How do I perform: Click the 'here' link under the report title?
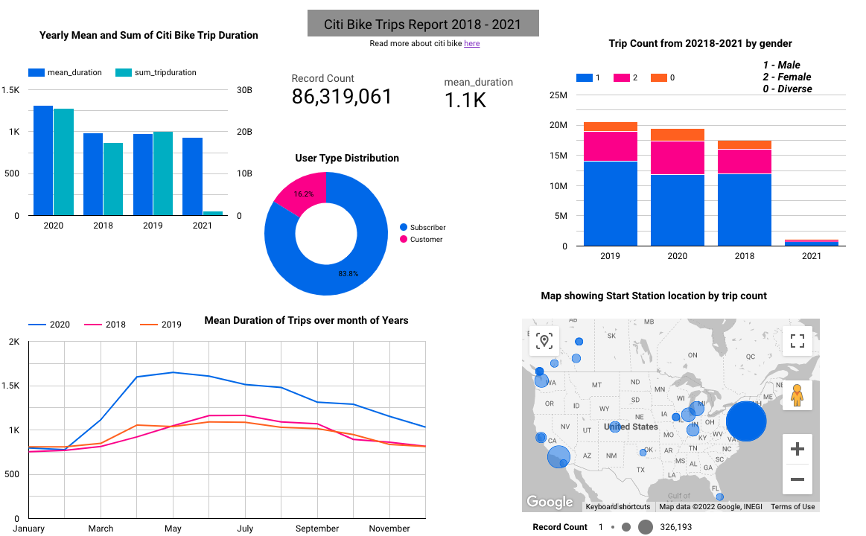[x=471, y=43]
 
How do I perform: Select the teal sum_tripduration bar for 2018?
[x=113, y=179]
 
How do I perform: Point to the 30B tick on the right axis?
[x=244, y=90]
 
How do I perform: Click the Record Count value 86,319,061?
[x=341, y=97]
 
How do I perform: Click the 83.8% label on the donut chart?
[x=348, y=274]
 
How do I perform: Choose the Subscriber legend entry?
[x=427, y=227]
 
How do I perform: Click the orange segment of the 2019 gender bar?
[x=611, y=127]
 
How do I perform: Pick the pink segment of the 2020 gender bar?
[x=678, y=157]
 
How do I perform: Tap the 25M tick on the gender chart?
[x=558, y=95]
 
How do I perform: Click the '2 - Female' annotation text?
[x=786, y=77]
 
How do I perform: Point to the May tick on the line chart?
[x=173, y=529]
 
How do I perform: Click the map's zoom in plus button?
[x=797, y=449]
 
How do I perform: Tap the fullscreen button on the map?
[x=797, y=341]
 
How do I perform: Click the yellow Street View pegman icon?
[x=797, y=395]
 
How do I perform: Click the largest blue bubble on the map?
[x=746, y=421]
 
